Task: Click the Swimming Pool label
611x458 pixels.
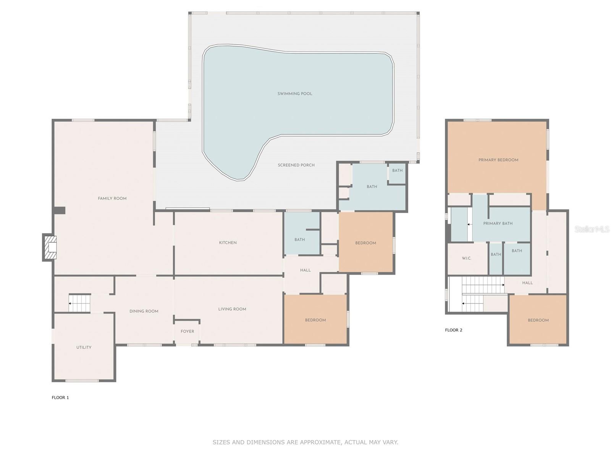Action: click(295, 94)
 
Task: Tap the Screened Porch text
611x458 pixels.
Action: click(296, 165)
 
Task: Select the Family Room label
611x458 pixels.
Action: click(112, 198)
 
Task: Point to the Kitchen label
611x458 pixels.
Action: click(228, 243)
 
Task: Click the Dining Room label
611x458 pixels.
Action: click(144, 311)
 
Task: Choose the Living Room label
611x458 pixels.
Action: click(232, 309)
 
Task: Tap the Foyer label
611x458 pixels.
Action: click(188, 331)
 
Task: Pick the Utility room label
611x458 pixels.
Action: click(84, 347)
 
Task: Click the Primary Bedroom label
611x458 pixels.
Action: click(498, 160)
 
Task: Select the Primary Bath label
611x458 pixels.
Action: click(498, 223)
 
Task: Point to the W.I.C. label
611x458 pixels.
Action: click(467, 258)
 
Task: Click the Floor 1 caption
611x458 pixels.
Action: click(60, 398)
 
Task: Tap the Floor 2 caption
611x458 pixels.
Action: click(453, 330)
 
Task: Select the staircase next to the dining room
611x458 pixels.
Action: click(80, 303)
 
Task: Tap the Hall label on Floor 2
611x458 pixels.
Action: click(527, 283)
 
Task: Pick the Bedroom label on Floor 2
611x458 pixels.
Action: click(538, 320)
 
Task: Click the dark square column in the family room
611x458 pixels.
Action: click(59, 211)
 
